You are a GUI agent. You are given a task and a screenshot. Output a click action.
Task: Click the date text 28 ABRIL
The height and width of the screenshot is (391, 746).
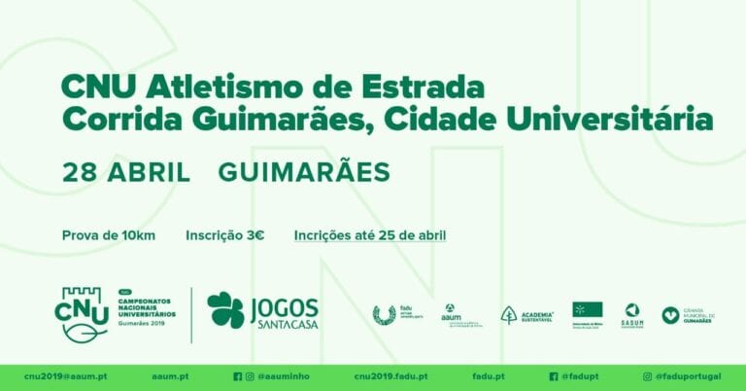tap(126, 173)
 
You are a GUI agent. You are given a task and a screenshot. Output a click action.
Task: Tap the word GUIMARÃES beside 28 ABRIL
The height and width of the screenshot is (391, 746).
tap(304, 173)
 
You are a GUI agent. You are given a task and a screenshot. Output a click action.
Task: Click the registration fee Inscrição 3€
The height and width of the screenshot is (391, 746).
tap(225, 234)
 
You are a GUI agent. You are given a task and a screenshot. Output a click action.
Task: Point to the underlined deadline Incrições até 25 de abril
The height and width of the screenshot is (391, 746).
tap(370, 234)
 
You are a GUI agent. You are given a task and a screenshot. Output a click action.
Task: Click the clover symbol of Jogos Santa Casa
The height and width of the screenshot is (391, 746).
tap(225, 310)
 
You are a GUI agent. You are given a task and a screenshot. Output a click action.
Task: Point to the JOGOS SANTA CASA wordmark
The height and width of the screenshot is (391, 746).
tap(284, 311)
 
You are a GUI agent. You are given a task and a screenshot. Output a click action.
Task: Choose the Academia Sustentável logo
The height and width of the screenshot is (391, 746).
tap(526, 314)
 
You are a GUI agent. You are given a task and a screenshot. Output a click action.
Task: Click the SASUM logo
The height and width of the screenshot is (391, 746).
tap(632, 313)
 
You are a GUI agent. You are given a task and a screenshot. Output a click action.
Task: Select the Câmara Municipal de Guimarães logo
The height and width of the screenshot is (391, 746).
tap(688, 314)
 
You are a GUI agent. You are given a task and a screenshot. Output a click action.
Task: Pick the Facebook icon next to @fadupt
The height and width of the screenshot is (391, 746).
tap(553, 376)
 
